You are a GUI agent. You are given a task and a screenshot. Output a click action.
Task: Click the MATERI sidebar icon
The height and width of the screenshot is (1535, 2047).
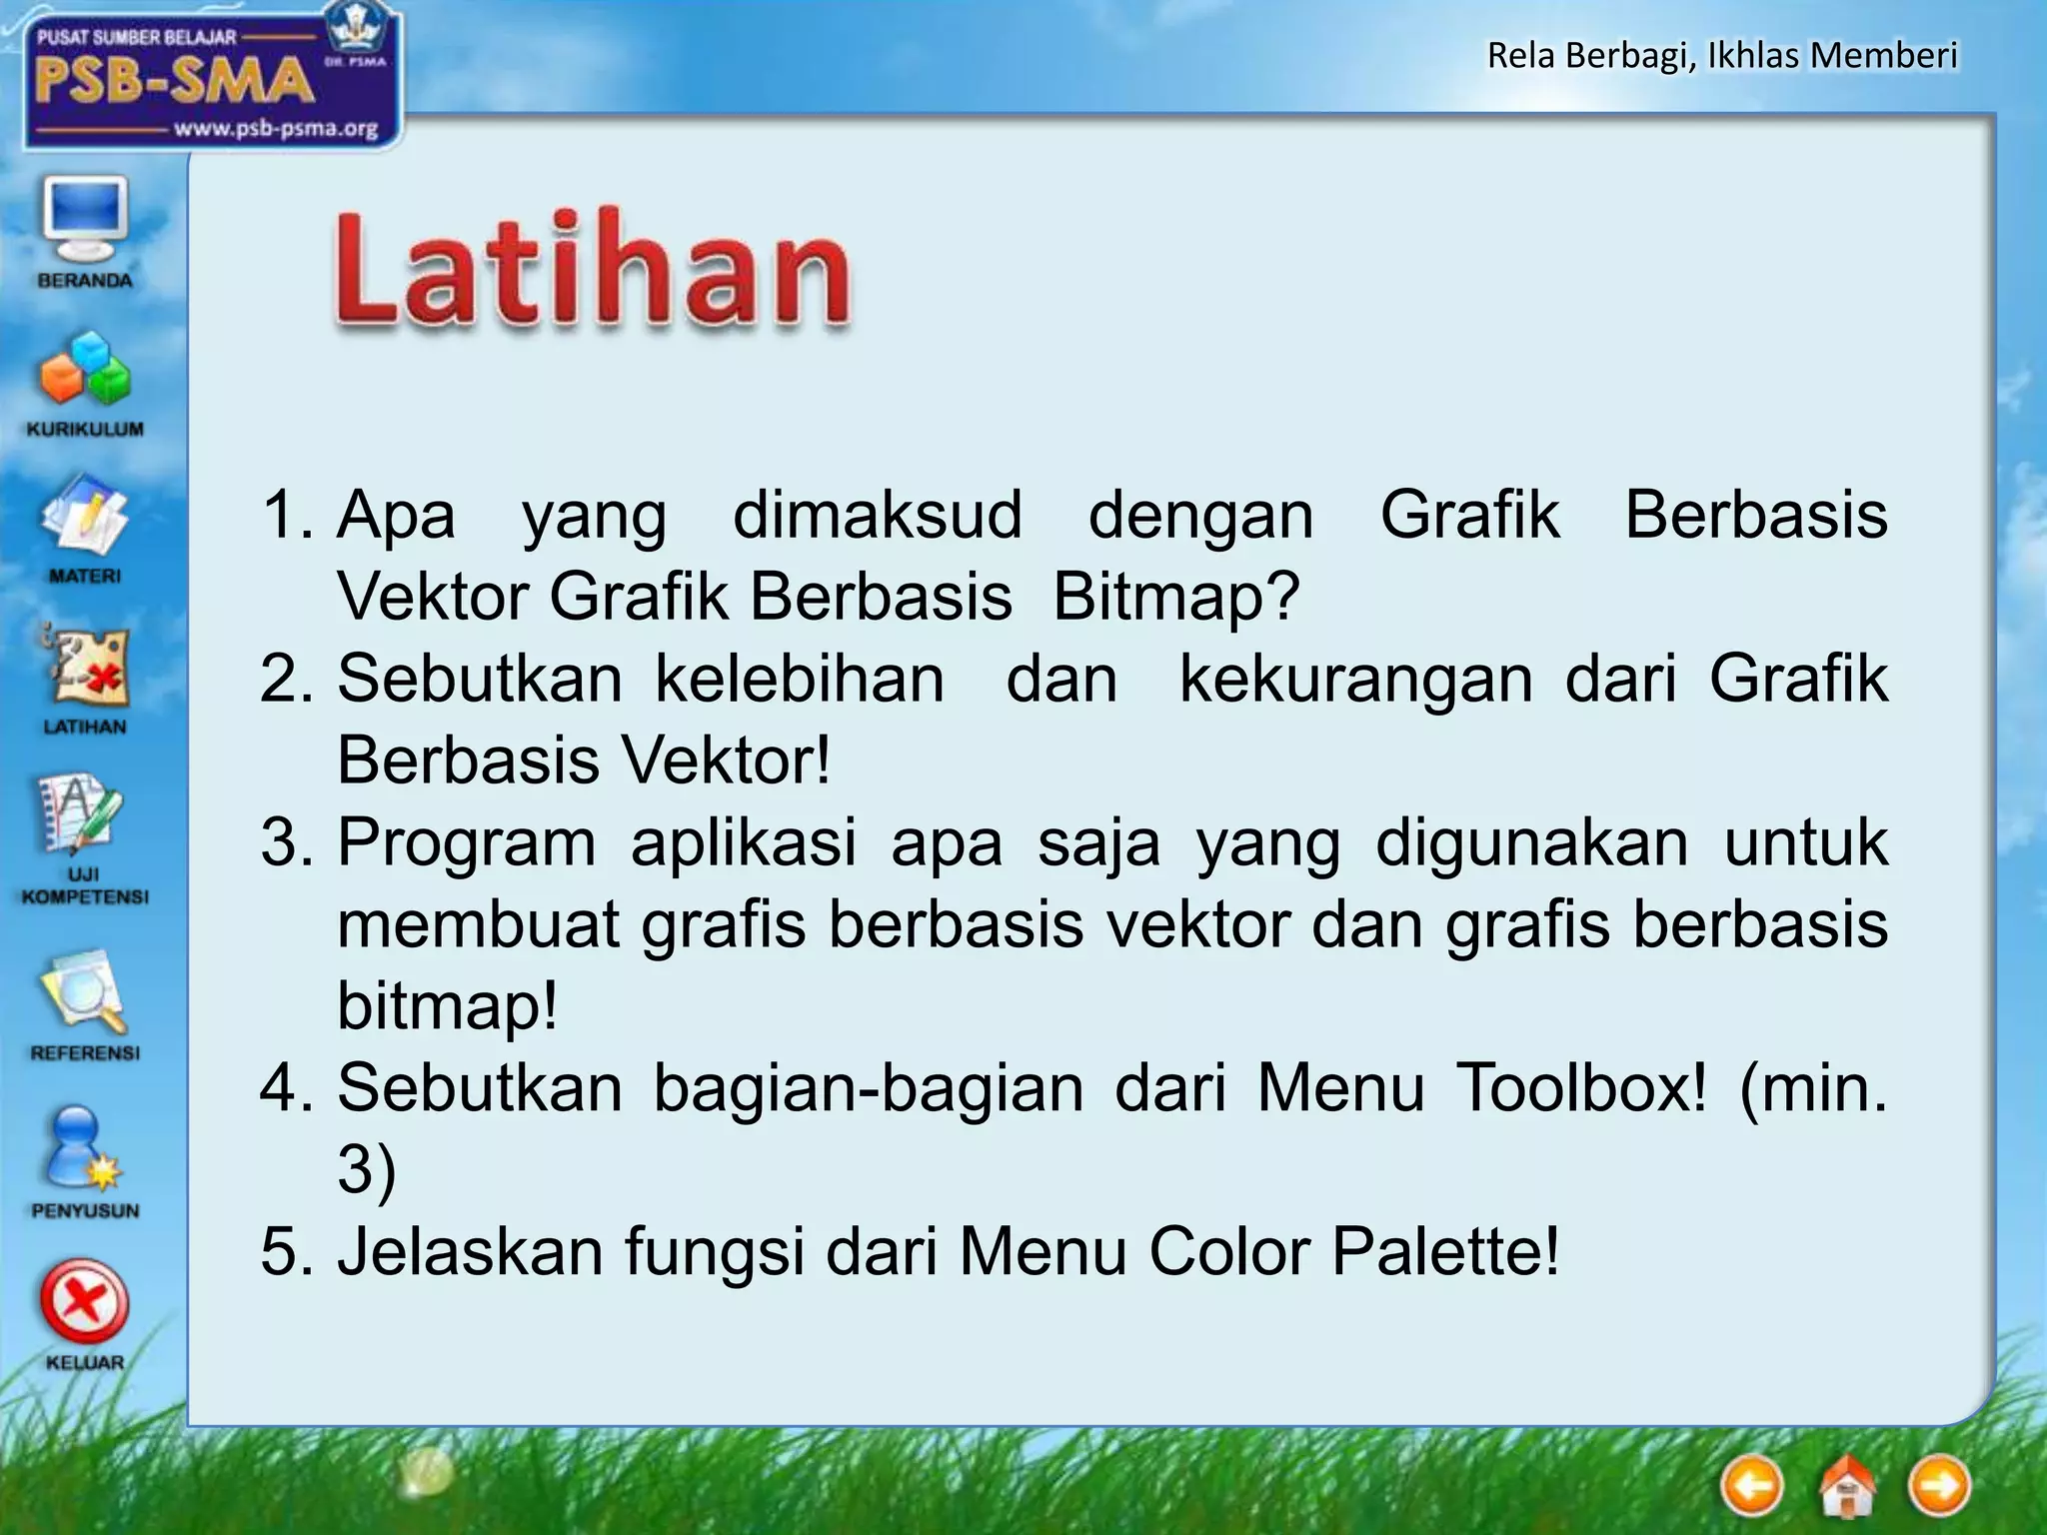85,520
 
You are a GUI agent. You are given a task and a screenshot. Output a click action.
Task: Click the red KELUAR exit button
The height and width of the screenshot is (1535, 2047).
84,1303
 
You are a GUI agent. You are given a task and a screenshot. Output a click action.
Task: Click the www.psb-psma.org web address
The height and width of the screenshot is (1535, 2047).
276,129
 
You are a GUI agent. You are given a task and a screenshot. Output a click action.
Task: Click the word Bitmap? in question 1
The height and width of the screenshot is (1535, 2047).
1175,597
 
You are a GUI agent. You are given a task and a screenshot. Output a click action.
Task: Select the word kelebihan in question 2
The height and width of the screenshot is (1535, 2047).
800,680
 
